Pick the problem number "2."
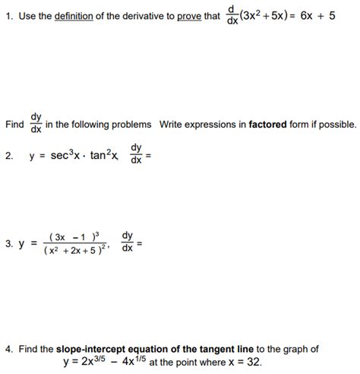coord(8,159)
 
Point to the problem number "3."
coord(8,244)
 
